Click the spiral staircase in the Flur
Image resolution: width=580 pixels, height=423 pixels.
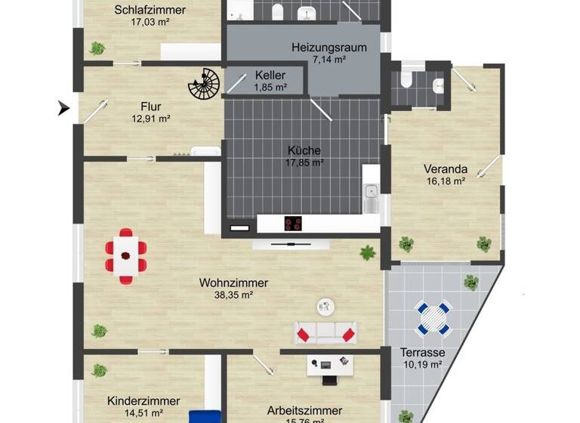point(202,85)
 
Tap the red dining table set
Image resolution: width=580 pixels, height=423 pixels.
point(126,255)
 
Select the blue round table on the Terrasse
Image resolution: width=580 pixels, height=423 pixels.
point(434,318)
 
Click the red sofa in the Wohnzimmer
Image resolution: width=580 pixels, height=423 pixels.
point(325,332)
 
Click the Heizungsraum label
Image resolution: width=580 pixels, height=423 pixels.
point(329,48)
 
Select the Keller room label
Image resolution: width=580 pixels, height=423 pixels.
point(270,76)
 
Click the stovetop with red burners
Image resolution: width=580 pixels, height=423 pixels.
point(294,224)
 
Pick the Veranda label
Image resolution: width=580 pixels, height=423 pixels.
point(446,169)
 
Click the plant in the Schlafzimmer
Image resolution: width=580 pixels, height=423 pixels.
point(97,48)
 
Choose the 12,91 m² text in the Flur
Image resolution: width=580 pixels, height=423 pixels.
point(150,118)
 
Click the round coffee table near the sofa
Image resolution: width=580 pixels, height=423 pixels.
point(325,306)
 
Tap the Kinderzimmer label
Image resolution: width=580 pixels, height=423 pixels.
point(143,401)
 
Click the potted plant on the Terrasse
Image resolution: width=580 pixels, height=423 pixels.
point(471,283)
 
